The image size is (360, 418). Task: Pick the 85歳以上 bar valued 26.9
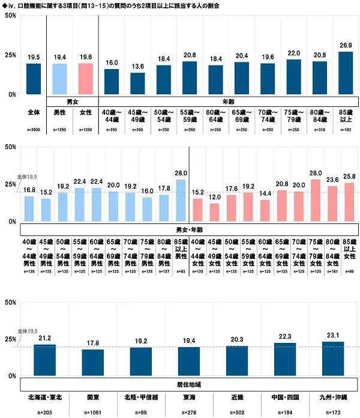point(345,73)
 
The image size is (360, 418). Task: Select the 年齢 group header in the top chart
point(228,101)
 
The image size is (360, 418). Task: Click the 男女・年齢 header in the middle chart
point(190,229)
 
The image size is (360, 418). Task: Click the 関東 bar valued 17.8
point(92,363)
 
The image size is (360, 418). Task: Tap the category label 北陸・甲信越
point(140,397)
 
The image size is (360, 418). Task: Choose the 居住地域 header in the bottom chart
point(190,383)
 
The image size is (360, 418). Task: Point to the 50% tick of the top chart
point(10,16)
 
